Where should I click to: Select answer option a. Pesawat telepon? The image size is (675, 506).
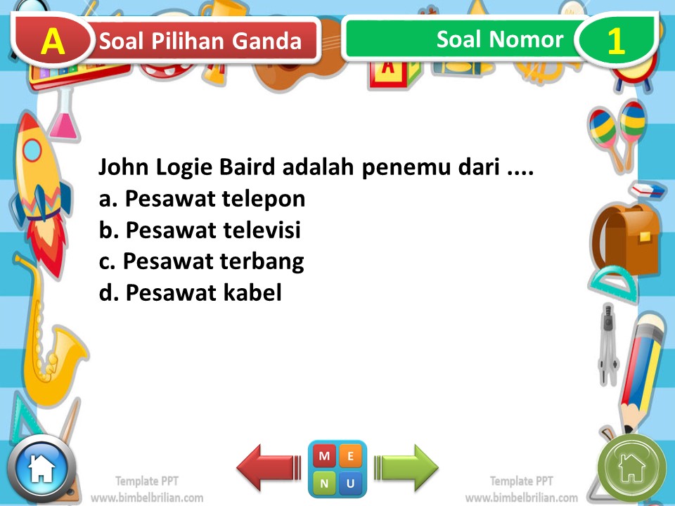[x=202, y=200]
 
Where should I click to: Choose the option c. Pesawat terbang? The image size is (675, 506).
[x=201, y=261]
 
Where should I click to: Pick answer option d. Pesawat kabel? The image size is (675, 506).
[x=191, y=292]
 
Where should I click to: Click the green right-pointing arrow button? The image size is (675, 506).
[x=406, y=466]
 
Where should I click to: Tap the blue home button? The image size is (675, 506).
[x=41, y=468]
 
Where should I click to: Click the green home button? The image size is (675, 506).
[x=631, y=467]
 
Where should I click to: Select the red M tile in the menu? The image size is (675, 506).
[x=324, y=456]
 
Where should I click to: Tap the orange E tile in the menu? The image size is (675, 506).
[x=351, y=456]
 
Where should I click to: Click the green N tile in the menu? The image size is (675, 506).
[x=324, y=483]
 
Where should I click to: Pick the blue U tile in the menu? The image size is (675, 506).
[x=351, y=483]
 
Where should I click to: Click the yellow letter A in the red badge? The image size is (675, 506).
[x=53, y=41]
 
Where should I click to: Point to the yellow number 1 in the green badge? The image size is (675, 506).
[x=616, y=41]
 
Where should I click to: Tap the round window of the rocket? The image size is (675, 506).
[x=32, y=150]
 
